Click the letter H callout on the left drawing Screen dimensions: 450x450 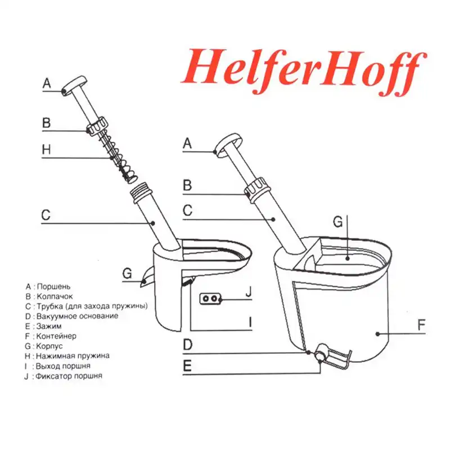pyautogui.click(x=46, y=150)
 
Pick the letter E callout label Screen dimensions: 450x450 pyautogui.click(x=187, y=366)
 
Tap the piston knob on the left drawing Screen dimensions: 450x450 pyautogui.click(x=74, y=87)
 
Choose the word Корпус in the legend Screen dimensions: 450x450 pyautogui.click(x=51, y=346)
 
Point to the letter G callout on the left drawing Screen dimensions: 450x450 pyautogui.click(x=127, y=273)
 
